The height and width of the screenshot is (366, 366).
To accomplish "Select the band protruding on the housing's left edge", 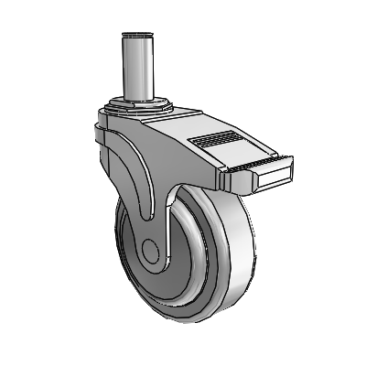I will (98, 137).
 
